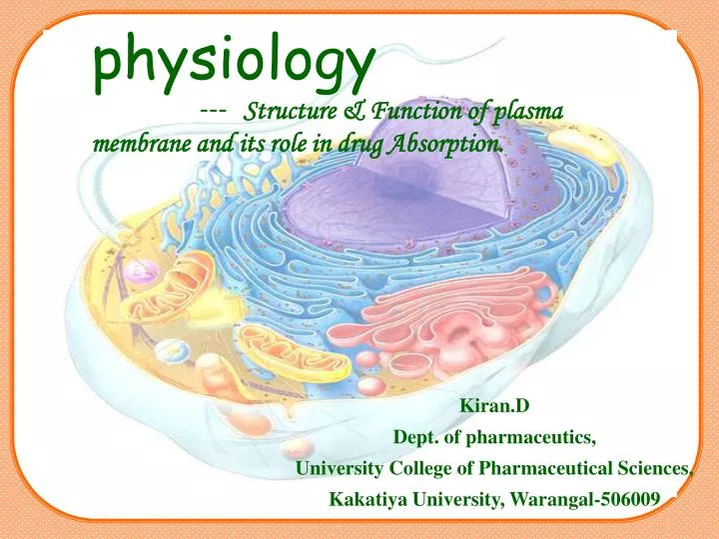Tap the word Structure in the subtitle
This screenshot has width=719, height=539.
[x=291, y=110]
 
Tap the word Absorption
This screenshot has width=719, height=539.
[x=445, y=144]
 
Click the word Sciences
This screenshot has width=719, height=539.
[x=654, y=468]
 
